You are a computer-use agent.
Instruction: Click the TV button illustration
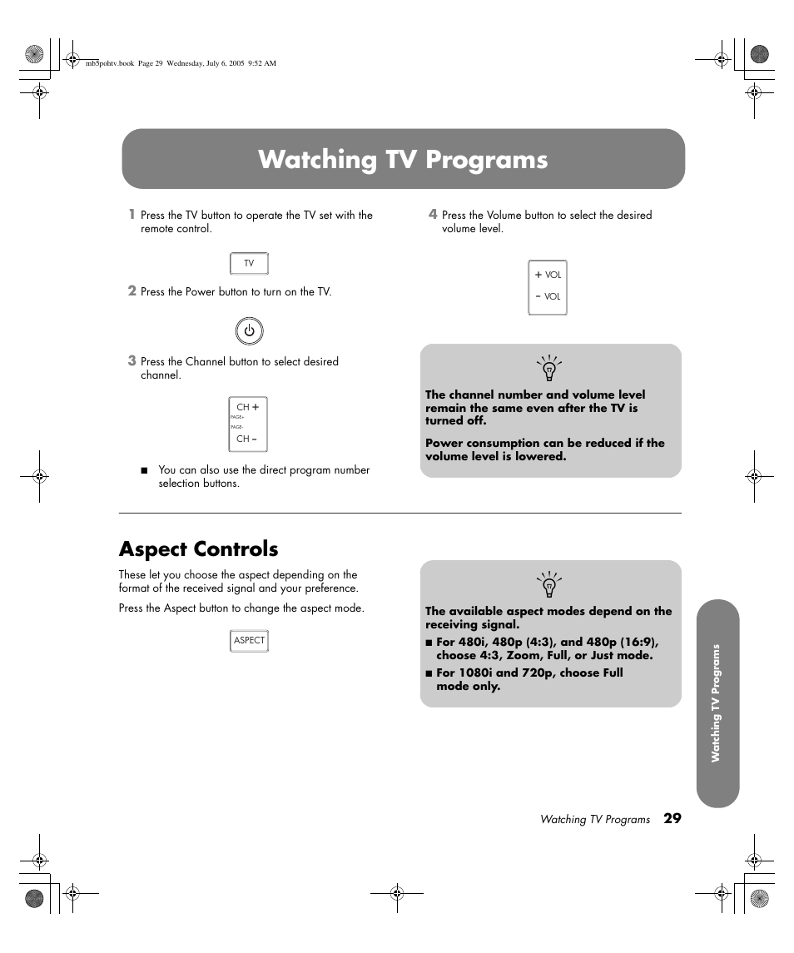point(249,264)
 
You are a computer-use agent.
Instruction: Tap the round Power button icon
point(249,331)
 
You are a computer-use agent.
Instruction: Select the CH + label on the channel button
point(248,408)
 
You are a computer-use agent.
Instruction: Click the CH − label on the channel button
point(247,439)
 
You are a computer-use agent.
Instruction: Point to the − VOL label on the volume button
point(548,296)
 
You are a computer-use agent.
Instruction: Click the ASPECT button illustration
point(249,640)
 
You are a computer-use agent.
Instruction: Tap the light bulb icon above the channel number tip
point(548,368)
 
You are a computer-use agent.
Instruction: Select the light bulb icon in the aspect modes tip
point(548,584)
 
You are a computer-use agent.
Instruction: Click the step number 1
point(131,214)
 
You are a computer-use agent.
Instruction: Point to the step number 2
point(131,290)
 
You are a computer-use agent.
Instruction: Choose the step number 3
point(131,360)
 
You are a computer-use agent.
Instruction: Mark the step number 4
point(432,214)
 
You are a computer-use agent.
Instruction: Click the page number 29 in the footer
point(672,818)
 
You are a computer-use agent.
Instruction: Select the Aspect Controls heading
point(198,549)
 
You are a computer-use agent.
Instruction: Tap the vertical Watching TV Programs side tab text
point(715,703)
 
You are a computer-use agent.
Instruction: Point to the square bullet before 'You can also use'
point(144,471)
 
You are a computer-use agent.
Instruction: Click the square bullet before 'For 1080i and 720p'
point(429,673)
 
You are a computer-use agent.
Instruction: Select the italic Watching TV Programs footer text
point(594,820)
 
